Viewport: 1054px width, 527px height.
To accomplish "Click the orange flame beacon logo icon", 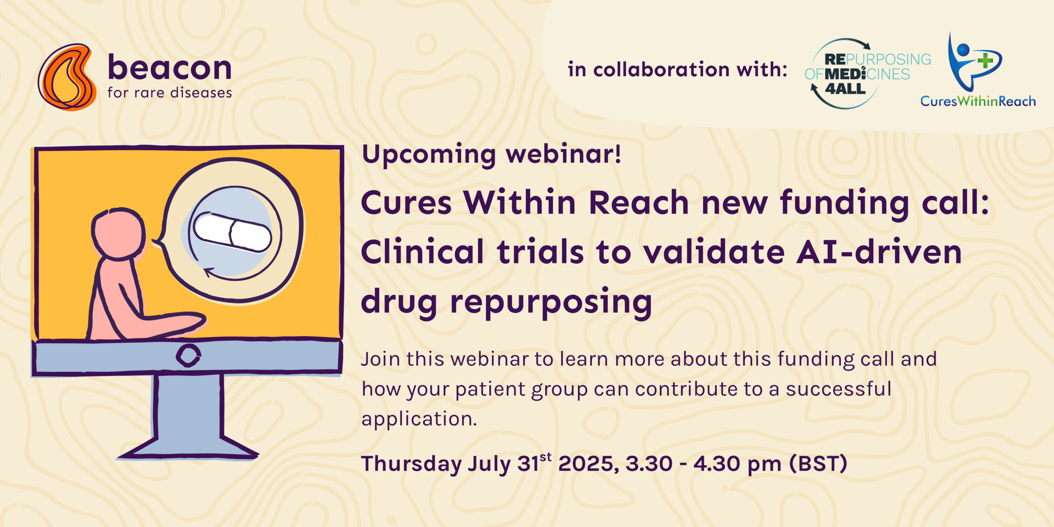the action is [x=67, y=77].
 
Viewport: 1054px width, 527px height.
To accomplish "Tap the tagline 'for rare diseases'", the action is [x=170, y=93].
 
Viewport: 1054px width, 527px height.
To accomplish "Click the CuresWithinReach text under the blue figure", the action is [x=978, y=101].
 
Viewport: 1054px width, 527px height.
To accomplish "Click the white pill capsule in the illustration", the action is [x=233, y=232].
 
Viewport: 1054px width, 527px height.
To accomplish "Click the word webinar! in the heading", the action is [x=563, y=154].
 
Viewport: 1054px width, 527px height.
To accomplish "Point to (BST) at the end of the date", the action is [x=818, y=464].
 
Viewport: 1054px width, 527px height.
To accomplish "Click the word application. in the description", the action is [x=419, y=420].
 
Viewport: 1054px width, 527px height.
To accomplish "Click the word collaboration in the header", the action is [x=661, y=69].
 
